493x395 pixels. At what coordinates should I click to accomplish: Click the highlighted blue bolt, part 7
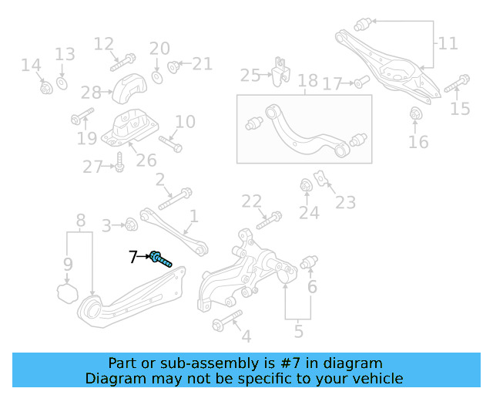click(x=160, y=259)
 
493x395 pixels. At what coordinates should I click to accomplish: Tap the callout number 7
click(x=132, y=257)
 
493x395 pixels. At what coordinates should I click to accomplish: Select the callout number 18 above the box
click(x=307, y=81)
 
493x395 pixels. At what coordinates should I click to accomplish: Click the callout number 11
click(x=448, y=43)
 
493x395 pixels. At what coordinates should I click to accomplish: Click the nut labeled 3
click(x=130, y=225)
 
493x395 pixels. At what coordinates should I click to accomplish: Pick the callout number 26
click(x=146, y=160)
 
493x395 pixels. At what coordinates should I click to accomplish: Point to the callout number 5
click(x=298, y=333)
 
